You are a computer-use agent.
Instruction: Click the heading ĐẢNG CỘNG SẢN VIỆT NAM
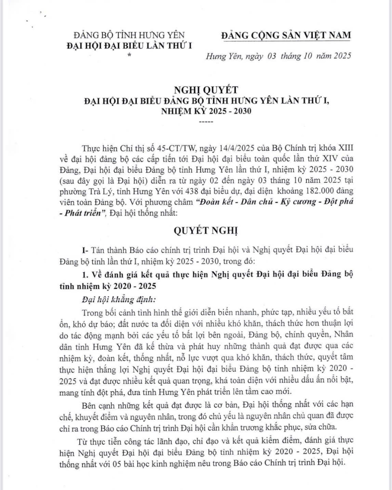286,35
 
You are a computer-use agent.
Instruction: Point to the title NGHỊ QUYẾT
207,90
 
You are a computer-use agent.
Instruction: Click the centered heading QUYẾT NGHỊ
206,231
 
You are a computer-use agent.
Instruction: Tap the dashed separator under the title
207,122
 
